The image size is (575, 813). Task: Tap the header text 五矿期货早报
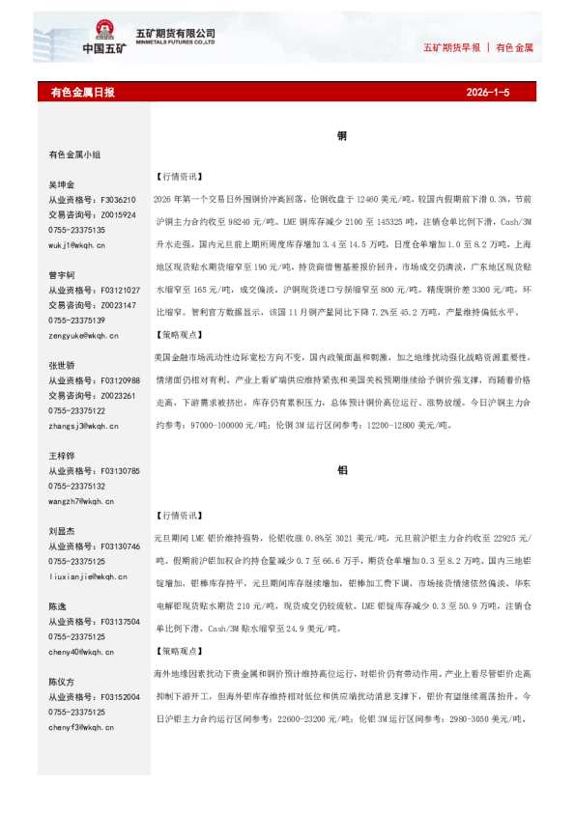[451, 47]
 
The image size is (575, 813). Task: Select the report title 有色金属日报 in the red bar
[82, 93]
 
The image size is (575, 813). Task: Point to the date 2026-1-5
[487, 93]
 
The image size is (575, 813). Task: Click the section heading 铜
[341, 137]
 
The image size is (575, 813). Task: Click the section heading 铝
[341, 470]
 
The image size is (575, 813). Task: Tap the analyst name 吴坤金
[61, 184]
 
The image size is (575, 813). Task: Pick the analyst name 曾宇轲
[61, 275]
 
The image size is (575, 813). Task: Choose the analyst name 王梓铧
[61, 456]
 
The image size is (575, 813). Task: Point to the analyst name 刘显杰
[61, 531]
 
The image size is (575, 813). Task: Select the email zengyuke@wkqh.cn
[82, 335]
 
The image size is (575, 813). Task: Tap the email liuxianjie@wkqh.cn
[86, 576]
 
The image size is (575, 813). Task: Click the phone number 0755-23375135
[76, 230]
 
